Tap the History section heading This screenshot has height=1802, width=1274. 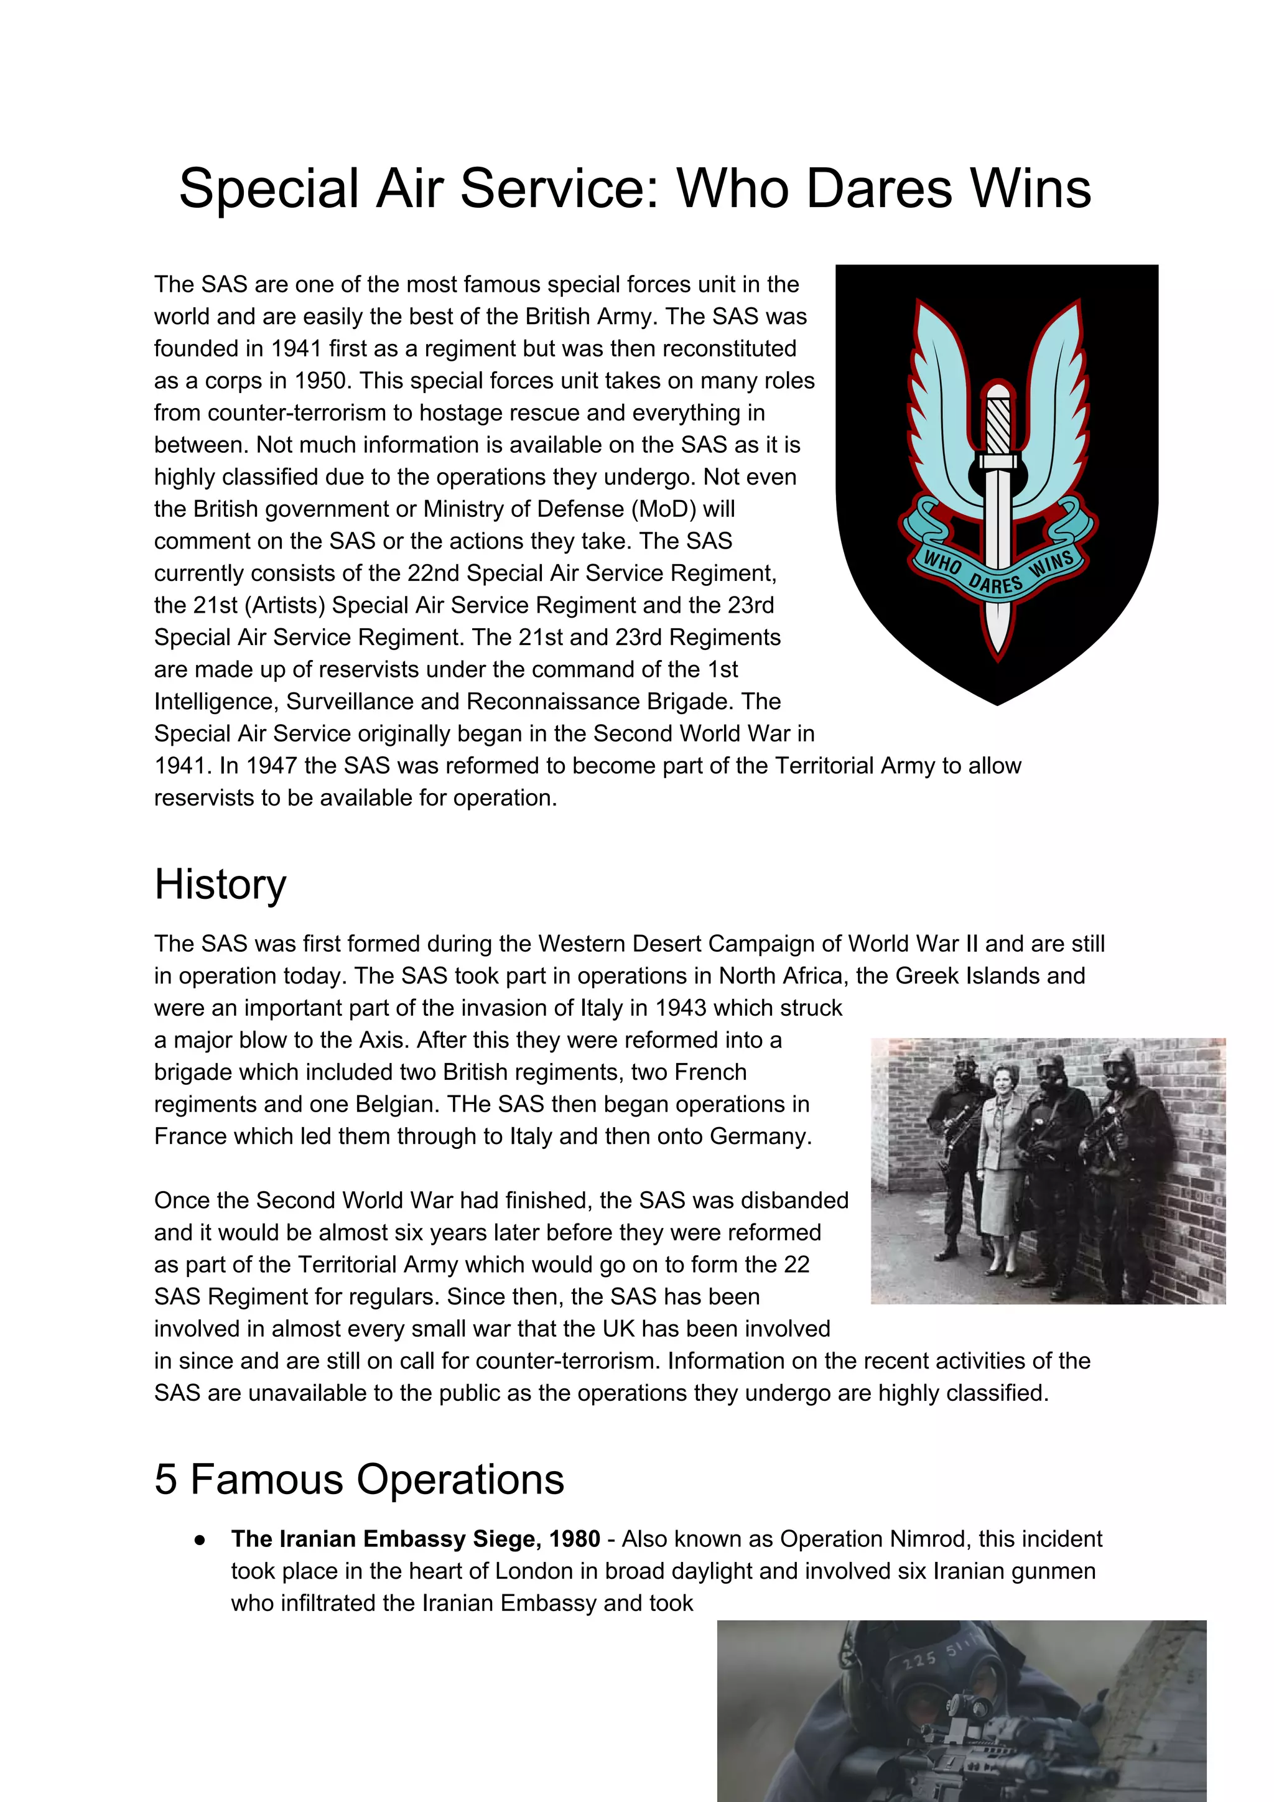click(221, 885)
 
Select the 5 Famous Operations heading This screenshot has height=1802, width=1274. click(359, 1479)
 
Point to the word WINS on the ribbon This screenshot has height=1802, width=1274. click(1051, 564)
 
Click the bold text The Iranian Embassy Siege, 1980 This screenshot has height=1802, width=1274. click(416, 1539)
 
